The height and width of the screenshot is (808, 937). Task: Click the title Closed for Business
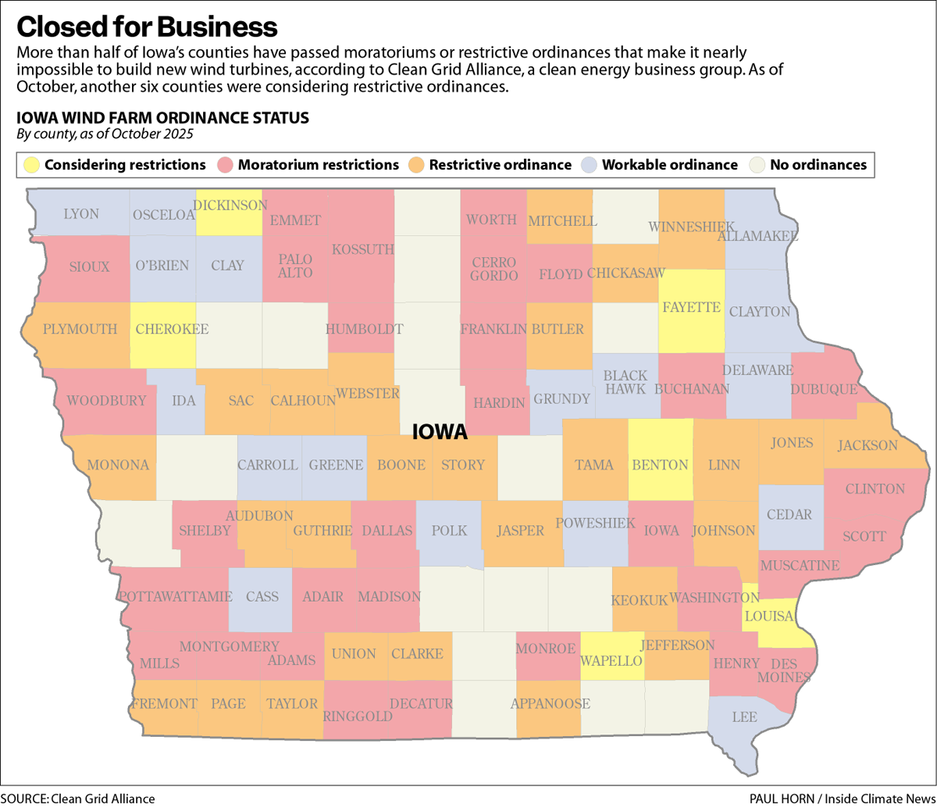click(x=147, y=27)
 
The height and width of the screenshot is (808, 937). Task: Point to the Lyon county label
click(x=80, y=214)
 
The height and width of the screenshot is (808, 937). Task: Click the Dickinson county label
click(x=230, y=205)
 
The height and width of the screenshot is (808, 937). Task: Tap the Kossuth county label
click(x=363, y=249)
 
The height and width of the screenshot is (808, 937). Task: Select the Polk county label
click(x=450, y=531)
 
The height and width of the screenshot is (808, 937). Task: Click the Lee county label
click(x=744, y=716)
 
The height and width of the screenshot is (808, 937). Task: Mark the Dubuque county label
click(x=824, y=389)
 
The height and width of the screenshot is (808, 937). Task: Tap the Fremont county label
click(x=164, y=704)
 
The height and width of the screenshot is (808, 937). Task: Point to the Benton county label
click(x=660, y=465)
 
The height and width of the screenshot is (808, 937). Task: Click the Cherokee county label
click(x=172, y=329)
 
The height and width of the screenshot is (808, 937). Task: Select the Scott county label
click(x=864, y=537)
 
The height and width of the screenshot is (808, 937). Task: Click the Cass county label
click(x=262, y=597)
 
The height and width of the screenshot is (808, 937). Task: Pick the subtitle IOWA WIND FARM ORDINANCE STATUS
click(x=163, y=118)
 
